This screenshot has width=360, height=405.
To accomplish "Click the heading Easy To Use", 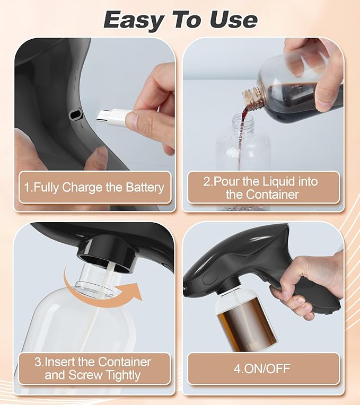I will coord(180,20).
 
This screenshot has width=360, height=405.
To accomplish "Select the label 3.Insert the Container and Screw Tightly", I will coord(93,369).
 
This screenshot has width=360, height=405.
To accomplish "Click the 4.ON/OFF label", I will coord(262,368).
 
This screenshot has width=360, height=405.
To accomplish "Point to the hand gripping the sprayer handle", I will coord(308,281).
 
